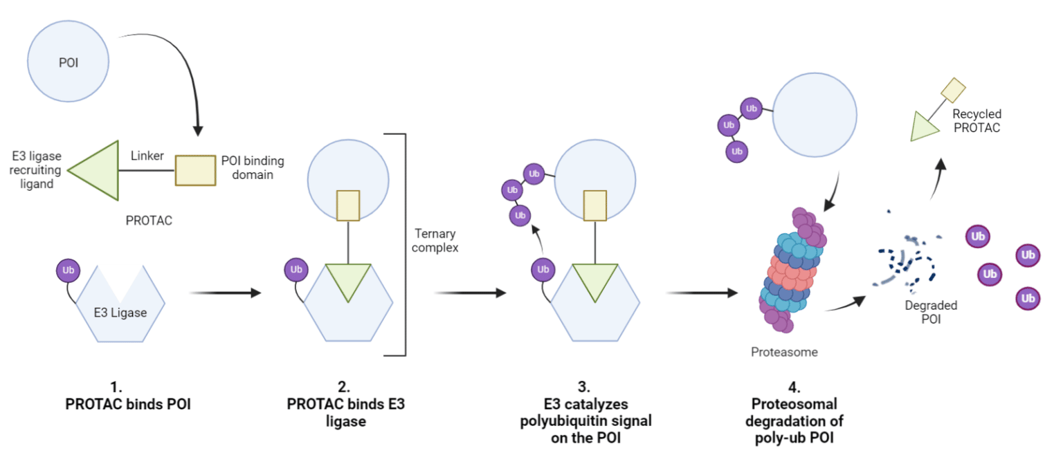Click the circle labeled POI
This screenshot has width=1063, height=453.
[68, 62]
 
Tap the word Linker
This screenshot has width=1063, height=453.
[147, 156]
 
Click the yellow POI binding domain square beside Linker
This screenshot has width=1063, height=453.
[195, 170]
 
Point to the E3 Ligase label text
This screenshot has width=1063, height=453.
[120, 313]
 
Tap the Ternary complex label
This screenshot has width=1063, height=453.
[435, 240]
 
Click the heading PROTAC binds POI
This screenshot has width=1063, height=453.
[128, 405]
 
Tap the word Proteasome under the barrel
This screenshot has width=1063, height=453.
[784, 352]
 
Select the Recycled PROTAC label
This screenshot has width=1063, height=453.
[976, 120]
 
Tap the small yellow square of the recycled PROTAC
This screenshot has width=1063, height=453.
[953, 91]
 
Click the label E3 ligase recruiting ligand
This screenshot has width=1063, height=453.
[36, 170]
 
